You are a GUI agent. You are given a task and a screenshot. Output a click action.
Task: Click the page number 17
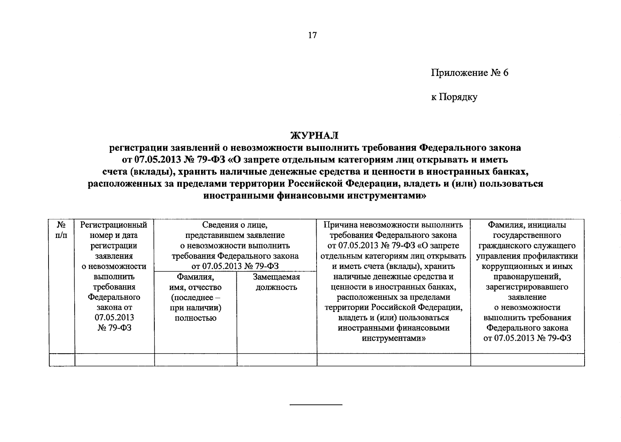[312, 35]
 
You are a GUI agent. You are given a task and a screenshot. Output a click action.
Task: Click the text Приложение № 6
[470, 73]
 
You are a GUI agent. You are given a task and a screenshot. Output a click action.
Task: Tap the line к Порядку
[454, 97]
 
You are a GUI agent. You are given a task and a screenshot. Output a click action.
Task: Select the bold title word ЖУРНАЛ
[314, 136]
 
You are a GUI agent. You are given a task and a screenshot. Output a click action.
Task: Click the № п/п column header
[62, 230]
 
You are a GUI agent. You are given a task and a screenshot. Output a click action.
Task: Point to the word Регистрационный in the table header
[114, 225]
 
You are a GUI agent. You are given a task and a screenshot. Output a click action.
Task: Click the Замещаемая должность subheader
[276, 282]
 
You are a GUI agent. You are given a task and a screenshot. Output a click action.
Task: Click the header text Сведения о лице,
[235, 225]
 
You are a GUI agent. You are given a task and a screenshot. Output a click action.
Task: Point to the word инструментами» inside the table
[393, 338]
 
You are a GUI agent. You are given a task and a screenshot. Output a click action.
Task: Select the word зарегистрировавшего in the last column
[527, 287]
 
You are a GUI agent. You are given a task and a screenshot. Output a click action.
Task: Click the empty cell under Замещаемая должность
[276, 360]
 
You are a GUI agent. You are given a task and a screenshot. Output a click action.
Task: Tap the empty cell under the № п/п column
[62, 360]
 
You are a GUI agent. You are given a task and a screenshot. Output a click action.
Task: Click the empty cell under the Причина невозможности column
[393, 360]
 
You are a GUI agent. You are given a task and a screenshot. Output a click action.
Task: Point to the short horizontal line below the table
[316, 405]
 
